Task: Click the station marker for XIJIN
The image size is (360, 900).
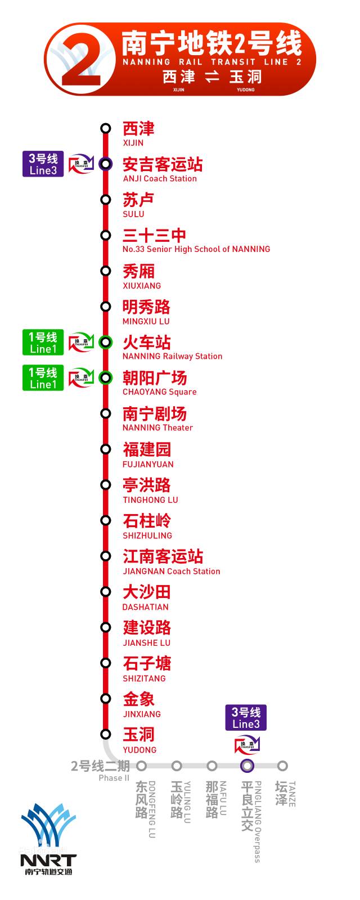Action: pyautogui.click(x=106, y=128)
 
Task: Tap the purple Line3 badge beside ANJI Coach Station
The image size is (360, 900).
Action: pyautogui.click(x=43, y=164)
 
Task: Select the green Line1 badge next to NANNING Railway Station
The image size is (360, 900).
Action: pyautogui.click(x=43, y=343)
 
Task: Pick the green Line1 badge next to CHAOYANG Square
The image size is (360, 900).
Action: pyautogui.click(x=43, y=378)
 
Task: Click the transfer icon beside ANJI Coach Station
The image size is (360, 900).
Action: pyautogui.click(x=80, y=164)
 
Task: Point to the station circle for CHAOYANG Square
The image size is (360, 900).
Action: pyautogui.click(x=106, y=377)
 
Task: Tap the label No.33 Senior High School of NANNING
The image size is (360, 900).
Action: pyautogui.click(x=196, y=249)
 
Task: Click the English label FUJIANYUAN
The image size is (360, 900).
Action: pyautogui.click(x=148, y=464)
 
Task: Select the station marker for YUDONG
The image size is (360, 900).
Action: pyautogui.click(x=106, y=734)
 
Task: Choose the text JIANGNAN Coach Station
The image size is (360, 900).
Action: pyautogui.click(x=172, y=571)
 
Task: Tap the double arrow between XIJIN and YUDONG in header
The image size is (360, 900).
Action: pyautogui.click(x=212, y=77)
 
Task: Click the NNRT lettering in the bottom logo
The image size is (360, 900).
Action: pyautogui.click(x=48, y=861)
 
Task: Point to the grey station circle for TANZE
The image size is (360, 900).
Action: pyautogui.click(x=282, y=766)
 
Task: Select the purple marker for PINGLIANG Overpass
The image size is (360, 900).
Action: pyautogui.click(x=247, y=766)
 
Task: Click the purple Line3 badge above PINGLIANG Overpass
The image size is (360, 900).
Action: pyautogui.click(x=246, y=718)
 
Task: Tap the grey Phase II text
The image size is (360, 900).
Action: pyautogui.click(x=114, y=778)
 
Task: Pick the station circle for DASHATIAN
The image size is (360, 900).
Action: pyautogui.click(x=106, y=592)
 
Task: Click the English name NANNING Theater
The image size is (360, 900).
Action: pyautogui.click(x=157, y=428)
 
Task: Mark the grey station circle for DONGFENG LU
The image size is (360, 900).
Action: pyautogui.click(x=142, y=766)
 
